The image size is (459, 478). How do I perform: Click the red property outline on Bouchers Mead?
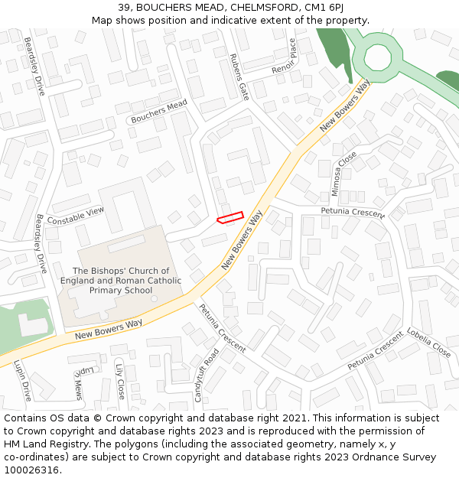[229, 217]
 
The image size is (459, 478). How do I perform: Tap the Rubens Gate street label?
[239, 76]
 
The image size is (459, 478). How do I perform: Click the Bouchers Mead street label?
[159, 112]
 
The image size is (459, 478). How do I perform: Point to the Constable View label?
[75, 216]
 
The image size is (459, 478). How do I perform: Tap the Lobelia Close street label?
[428, 343]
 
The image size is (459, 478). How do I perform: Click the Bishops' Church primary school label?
[121, 281]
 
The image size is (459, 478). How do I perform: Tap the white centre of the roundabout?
[377, 57]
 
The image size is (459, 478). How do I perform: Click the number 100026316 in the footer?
[31, 470]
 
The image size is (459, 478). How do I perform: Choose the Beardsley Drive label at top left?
[34, 66]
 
